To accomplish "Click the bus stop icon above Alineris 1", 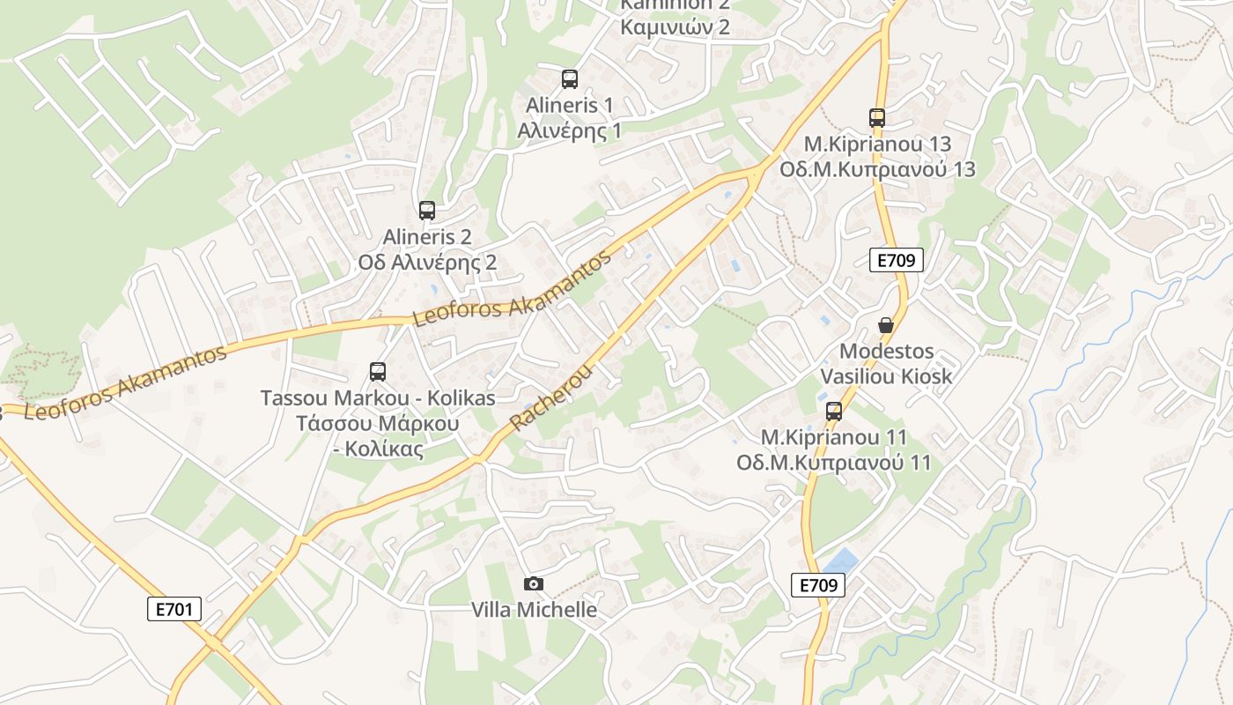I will point(570,79).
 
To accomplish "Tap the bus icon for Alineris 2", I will point(427,211).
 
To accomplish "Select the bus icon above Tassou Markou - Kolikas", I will point(378,372).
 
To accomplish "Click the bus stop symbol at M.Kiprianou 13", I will point(876,117).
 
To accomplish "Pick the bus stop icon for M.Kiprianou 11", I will point(833,412).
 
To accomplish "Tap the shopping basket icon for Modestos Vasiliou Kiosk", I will point(886,325).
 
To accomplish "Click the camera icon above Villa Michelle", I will point(533,583).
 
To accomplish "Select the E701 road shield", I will point(174,609).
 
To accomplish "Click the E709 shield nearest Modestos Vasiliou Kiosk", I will point(897,260).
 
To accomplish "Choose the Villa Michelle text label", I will point(534,610).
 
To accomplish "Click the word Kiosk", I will point(921,376).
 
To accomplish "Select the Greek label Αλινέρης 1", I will point(569,131).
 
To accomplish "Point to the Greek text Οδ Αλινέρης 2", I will point(427,263).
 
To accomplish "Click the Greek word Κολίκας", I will point(384,449).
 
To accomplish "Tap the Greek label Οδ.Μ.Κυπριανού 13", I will point(877,169).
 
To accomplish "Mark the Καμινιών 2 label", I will point(675,26).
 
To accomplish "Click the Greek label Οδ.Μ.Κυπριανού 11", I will point(833,463).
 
